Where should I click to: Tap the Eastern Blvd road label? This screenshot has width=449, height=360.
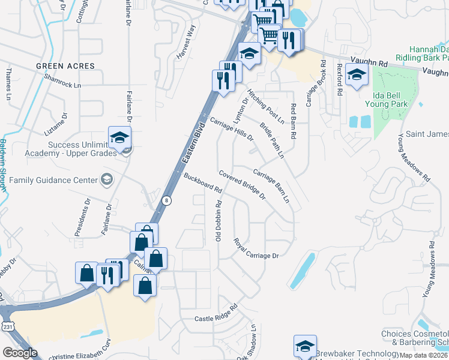(196, 142)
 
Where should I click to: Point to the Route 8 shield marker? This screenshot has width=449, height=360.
(167, 200)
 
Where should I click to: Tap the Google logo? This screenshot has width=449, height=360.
(20, 353)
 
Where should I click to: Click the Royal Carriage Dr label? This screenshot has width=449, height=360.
(256, 248)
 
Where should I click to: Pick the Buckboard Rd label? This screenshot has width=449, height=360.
(203, 182)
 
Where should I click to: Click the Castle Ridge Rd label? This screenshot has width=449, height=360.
(216, 314)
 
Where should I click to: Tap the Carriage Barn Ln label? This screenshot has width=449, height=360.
(271, 185)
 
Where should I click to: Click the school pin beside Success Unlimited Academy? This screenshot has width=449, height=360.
(119, 138)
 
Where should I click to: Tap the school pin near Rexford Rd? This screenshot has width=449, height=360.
(357, 76)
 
